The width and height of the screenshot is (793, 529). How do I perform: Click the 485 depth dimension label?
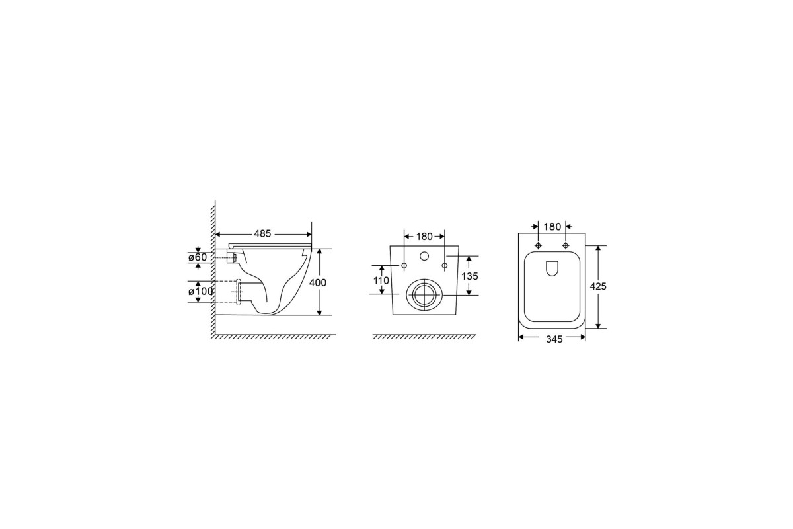pos(262,234)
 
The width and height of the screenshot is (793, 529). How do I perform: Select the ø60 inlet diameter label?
pos(198,257)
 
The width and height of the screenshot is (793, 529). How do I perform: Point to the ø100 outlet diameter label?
pos(201,291)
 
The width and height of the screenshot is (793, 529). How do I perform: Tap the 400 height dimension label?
pos(318,283)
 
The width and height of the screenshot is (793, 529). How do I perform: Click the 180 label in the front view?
pos(424,236)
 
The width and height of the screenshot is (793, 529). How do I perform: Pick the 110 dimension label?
pos(381,280)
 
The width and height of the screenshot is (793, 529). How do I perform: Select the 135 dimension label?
pos(470,276)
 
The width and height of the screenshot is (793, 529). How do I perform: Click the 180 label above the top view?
pos(552,226)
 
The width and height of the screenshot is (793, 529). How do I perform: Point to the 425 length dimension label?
pos(598,286)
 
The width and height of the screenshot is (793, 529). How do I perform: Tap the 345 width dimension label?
pos(554,339)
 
